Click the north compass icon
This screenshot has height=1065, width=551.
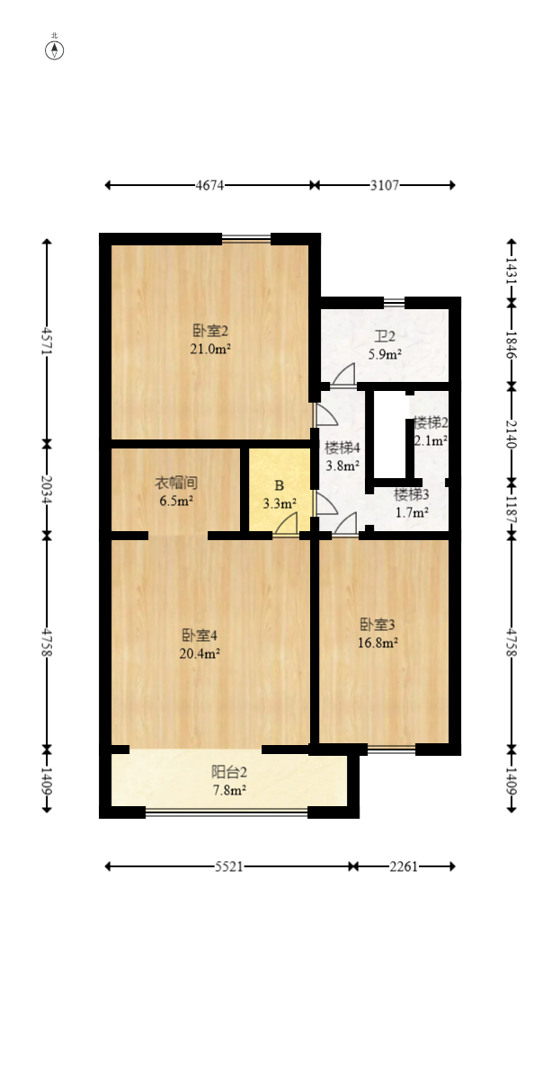(x=55, y=49)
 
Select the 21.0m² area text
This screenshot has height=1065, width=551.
(x=210, y=349)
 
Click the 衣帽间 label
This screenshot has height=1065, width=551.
(x=176, y=483)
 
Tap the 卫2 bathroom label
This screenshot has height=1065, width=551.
(x=386, y=337)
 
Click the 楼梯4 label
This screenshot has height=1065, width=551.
(x=342, y=448)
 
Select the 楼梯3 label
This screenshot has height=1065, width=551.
(x=411, y=494)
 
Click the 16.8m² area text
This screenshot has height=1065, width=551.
(x=378, y=643)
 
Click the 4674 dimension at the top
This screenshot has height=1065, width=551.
(x=209, y=185)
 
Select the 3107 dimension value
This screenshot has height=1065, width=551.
(x=385, y=185)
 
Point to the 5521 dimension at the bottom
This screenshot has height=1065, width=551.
(x=228, y=866)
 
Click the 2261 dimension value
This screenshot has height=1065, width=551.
(x=402, y=866)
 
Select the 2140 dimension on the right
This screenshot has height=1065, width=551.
(x=511, y=433)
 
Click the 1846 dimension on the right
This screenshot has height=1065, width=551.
(x=511, y=344)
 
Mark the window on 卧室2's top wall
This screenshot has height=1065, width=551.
(x=246, y=239)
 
